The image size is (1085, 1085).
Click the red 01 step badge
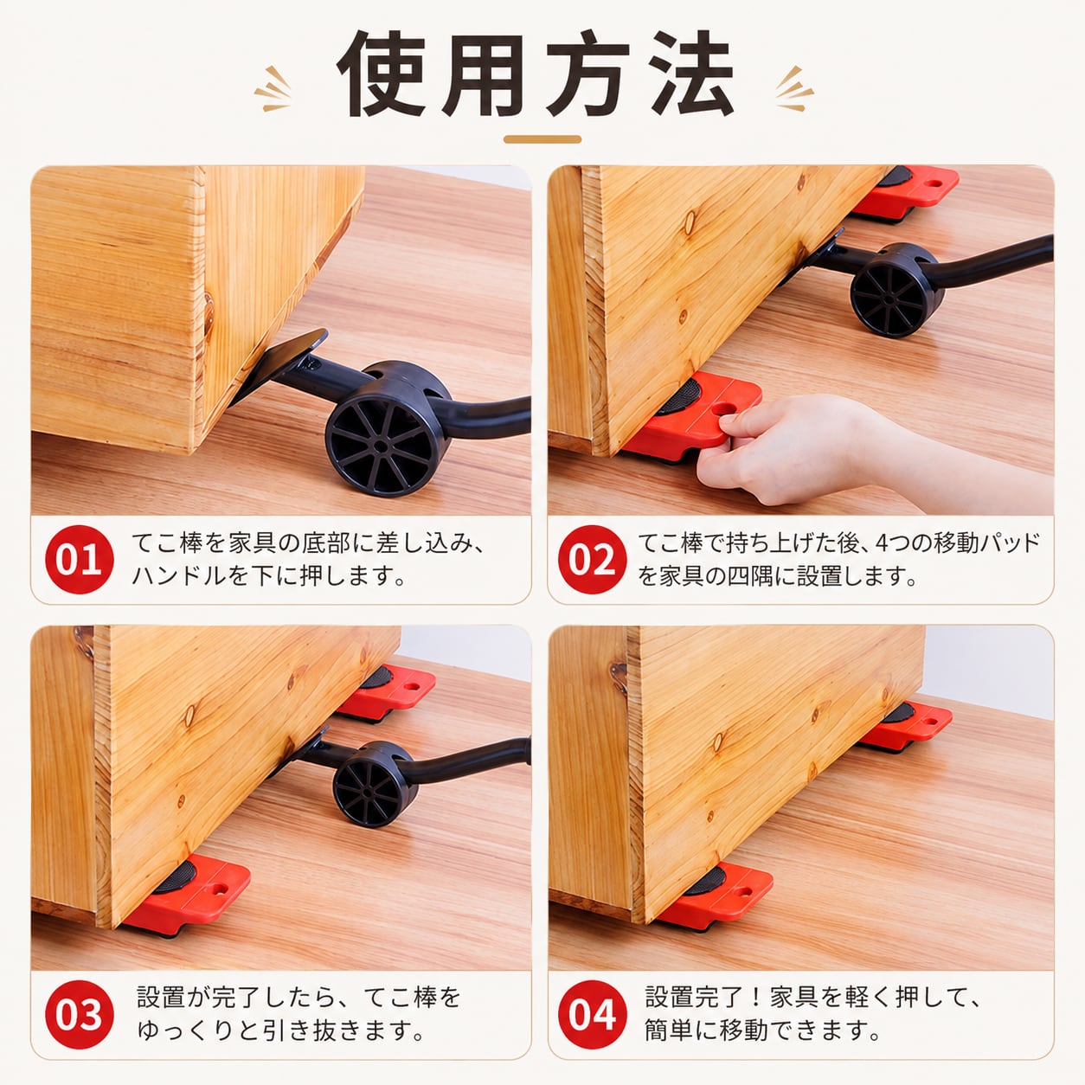tap(80, 559)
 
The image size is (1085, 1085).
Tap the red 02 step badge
tap(593, 559)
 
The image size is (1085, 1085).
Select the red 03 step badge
tap(80, 1015)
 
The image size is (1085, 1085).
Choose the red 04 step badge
tap(593, 1015)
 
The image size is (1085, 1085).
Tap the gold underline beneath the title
tap(542, 139)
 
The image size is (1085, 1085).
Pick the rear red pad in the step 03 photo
tap(388, 691)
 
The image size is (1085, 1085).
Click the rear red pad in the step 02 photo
tap(908, 192)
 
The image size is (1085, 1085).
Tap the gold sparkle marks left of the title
tap(273, 89)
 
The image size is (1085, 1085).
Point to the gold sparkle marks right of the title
tap(794, 89)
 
